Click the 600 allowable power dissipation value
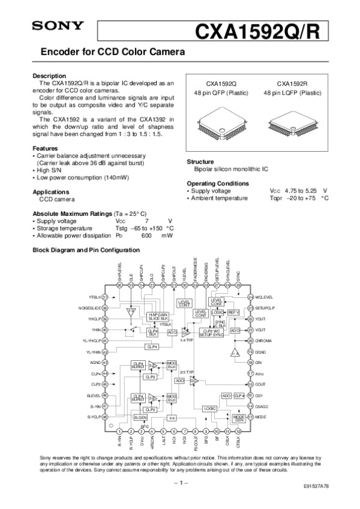(x=146, y=236)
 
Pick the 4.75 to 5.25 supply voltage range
(x=301, y=191)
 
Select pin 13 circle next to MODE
(x=250, y=416)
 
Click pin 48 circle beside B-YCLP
(x=105, y=417)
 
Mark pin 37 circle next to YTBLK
(x=105, y=297)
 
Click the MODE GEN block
(x=239, y=417)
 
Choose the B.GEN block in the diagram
(x=140, y=417)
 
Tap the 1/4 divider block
(x=172, y=417)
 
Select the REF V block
(x=234, y=312)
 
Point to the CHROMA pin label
(x=263, y=341)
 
